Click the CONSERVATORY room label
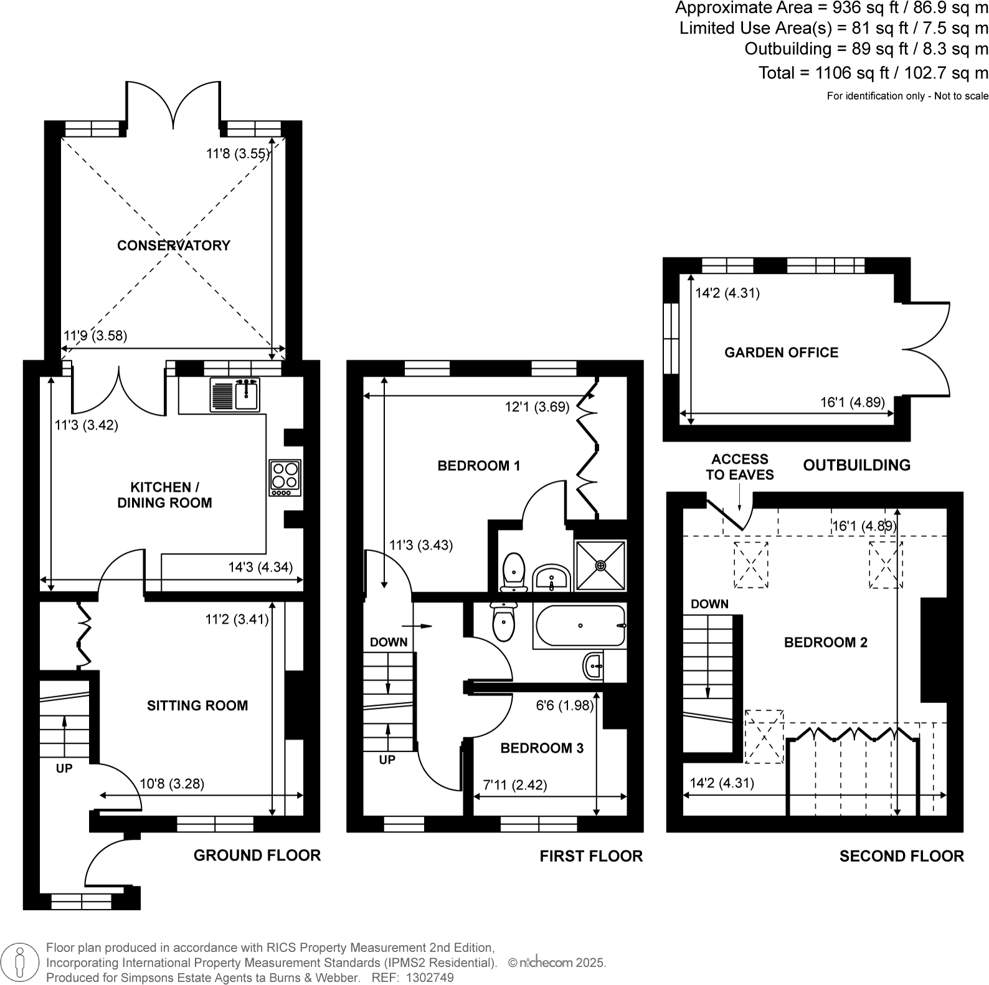(x=173, y=245)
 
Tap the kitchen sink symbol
(x=235, y=395)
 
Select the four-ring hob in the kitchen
(x=285, y=478)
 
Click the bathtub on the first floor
(x=579, y=626)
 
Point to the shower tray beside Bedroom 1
(x=600, y=565)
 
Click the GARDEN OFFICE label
(x=781, y=352)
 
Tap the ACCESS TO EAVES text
(x=739, y=467)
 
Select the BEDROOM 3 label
(x=542, y=748)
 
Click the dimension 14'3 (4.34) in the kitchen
(x=260, y=567)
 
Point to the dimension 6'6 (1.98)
(x=565, y=705)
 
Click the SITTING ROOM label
(x=197, y=705)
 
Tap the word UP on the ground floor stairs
(x=64, y=768)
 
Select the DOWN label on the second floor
(x=709, y=604)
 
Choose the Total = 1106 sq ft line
(x=873, y=73)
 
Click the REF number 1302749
(x=430, y=978)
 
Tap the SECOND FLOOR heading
(x=901, y=856)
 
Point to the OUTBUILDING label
(x=856, y=465)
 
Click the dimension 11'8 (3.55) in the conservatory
(x=238, y=153)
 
